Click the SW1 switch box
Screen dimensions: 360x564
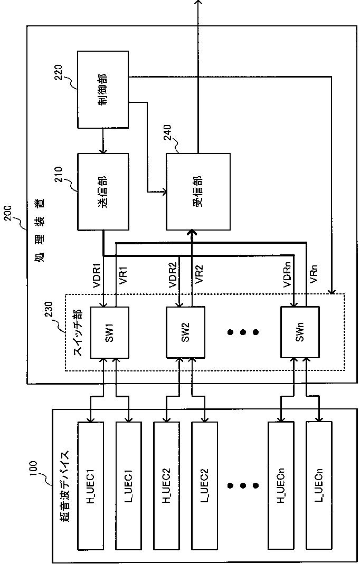tap(109, 332)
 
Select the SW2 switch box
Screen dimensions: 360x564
tap(185, 332)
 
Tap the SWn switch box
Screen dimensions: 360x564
tap(300, 332)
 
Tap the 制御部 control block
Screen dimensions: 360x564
tap(103, 89)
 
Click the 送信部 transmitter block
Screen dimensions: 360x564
tap(103, 192)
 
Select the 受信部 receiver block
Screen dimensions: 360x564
tap(197, 192)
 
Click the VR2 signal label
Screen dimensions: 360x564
tap(198, 275)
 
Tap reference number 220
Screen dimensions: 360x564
tap(58, 74)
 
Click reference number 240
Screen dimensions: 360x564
tap(167, 135)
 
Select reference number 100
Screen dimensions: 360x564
tap(33, 470)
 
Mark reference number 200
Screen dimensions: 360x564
tap(8, 215)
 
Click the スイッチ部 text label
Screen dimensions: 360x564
tap(77, 332)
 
